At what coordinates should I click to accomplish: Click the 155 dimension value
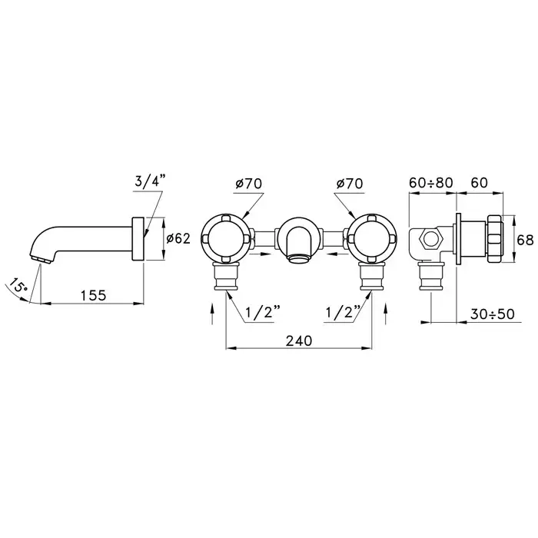93,295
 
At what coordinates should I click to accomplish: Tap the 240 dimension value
299,340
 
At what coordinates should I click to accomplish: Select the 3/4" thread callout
150,181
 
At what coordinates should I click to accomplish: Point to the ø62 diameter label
178,238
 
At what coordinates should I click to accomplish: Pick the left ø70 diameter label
249,184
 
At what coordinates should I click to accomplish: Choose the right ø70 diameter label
350,184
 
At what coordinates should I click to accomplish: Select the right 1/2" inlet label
343,312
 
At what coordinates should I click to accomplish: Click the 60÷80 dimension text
431,183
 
